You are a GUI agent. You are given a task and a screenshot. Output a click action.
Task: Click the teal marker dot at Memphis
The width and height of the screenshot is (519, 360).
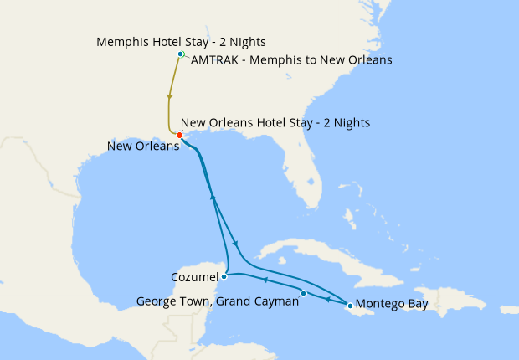tap(181, 54)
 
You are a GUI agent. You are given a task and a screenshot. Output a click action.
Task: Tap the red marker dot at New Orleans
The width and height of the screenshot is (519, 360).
tap(180, 135)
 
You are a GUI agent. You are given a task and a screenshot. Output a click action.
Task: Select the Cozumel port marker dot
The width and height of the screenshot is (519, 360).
tap(224, 276)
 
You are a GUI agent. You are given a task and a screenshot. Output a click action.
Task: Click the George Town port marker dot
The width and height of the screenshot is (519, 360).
tap(304, 293)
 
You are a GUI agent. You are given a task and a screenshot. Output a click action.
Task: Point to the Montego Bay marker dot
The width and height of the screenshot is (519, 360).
tap(350, 305)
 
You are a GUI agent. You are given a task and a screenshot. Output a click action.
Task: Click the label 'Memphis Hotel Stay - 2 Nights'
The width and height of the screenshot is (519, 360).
tap(181, 42)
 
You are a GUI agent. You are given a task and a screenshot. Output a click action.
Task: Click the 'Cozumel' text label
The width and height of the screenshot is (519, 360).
tap(194, 276)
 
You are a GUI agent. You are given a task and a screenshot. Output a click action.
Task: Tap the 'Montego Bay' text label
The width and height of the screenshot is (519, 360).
tap(392, 304)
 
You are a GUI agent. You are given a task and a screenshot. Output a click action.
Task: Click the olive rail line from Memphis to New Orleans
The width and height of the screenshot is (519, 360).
tap(171, 92)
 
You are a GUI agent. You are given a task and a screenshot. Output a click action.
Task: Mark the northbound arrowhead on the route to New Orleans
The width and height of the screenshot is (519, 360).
tap(213, 198)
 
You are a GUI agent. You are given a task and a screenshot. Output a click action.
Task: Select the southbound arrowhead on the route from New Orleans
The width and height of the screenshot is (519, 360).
tap(234, 244)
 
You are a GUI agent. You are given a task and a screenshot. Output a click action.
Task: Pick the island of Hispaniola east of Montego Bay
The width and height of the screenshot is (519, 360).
tap(444, 289)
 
